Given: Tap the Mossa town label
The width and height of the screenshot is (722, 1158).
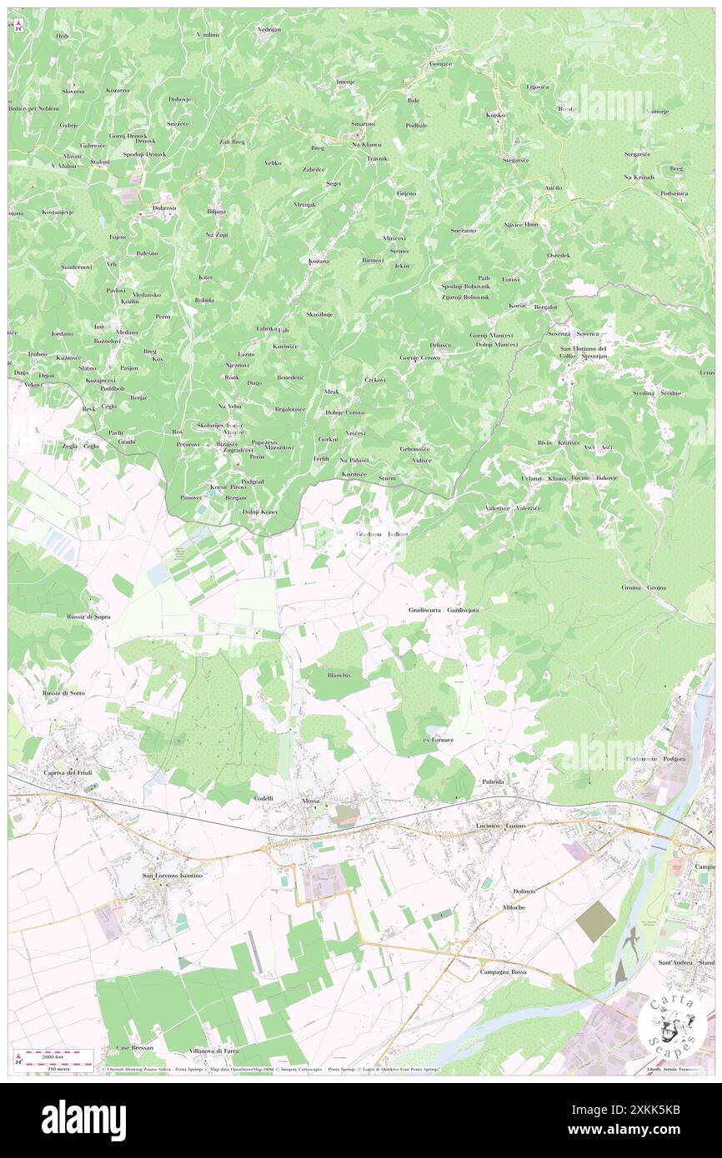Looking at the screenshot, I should click(x=310, y=801).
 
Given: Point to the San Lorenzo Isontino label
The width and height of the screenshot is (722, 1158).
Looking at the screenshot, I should click(x=173, y=876).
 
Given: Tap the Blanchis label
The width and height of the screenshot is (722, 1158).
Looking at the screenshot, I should click(x=338, y=675).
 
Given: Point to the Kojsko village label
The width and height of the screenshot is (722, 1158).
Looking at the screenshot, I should click(x=497, y=114).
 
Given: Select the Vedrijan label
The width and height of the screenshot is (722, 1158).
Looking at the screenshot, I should click(x=269, y=29).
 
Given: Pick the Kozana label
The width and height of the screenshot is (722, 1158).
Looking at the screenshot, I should click(x=318, y=262).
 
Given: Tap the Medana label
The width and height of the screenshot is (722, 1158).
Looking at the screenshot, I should click(x=128, y=332).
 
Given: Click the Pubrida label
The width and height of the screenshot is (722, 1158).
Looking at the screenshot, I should click(x=494, y=782).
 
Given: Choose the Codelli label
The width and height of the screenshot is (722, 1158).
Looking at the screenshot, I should click(x=264, y=798).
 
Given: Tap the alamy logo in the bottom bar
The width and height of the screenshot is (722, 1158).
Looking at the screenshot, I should click(x=83, y=1120).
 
